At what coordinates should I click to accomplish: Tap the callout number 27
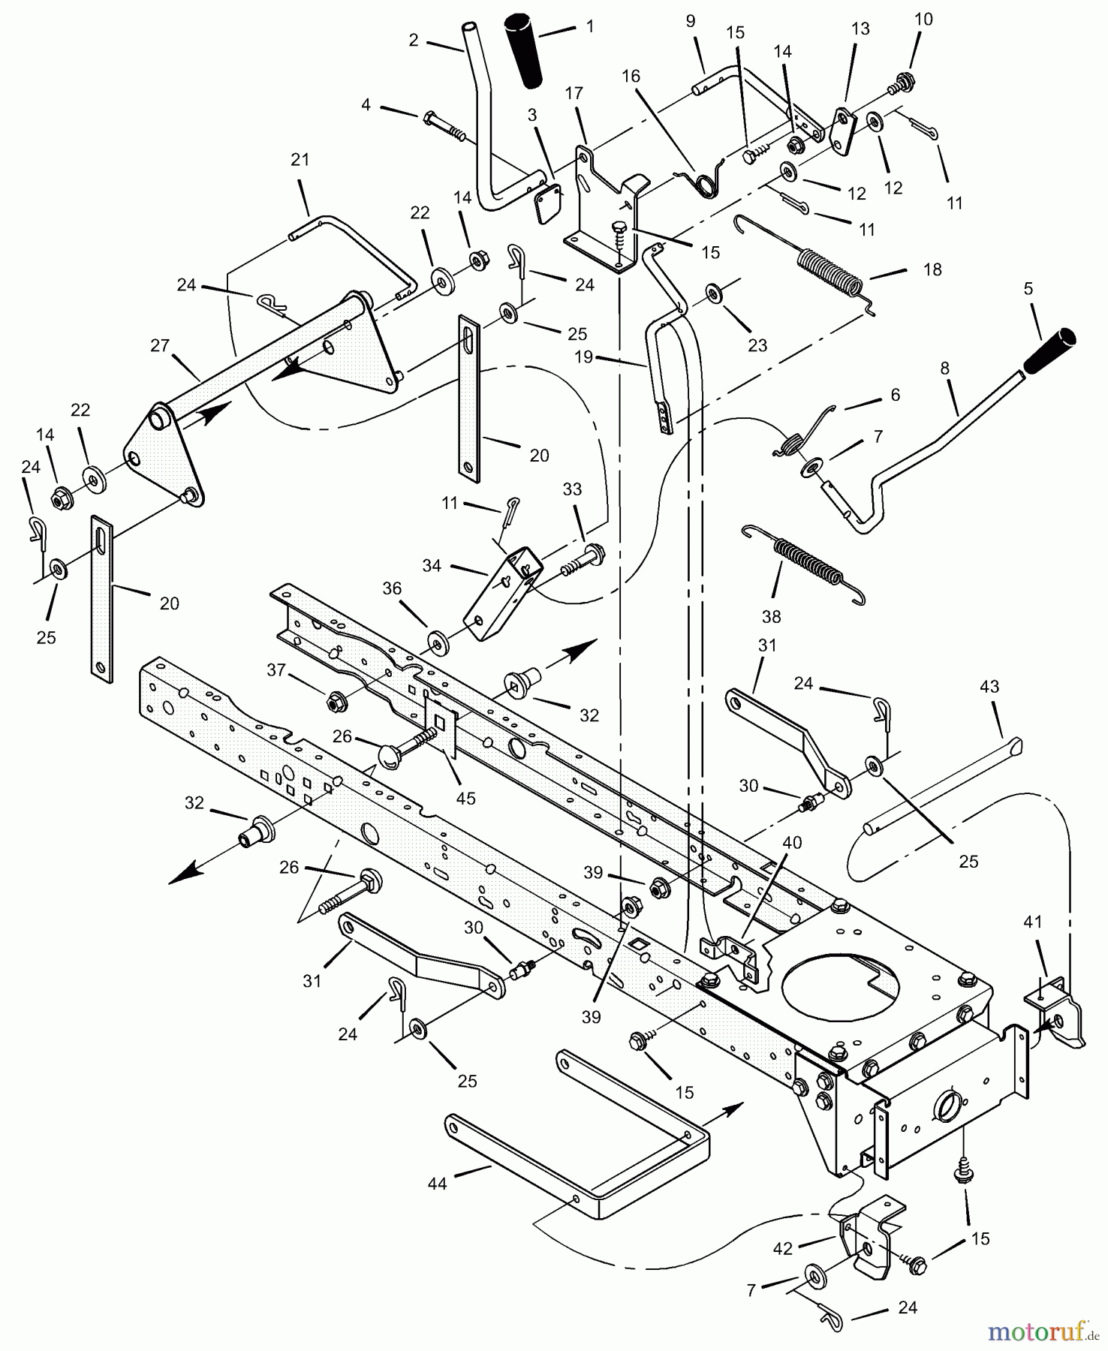pos(160,345)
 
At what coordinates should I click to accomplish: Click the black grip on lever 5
pos(1050,351)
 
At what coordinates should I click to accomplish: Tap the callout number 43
pos(989,686)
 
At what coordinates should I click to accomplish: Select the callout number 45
pos(465,798)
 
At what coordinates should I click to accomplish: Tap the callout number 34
pos(432,565)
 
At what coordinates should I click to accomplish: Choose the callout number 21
pos(300,159)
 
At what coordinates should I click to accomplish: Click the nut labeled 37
pos(335,703)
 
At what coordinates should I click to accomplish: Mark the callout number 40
pos(792,842)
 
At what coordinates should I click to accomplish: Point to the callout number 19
pos(584,357)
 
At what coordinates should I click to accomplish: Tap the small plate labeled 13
pos(845,131)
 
